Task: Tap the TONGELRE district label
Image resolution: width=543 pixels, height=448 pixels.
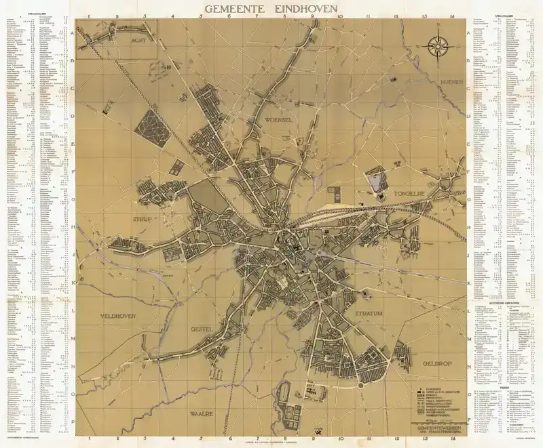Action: [x=410, y=194]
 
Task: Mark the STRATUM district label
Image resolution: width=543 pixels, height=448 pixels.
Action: [x=369, y=314]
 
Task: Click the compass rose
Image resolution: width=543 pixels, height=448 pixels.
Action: [x=439, y=47]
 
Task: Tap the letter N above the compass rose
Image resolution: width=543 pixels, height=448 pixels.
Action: [x=439, y=28]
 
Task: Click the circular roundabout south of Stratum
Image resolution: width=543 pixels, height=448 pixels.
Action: [x=361, y=385]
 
